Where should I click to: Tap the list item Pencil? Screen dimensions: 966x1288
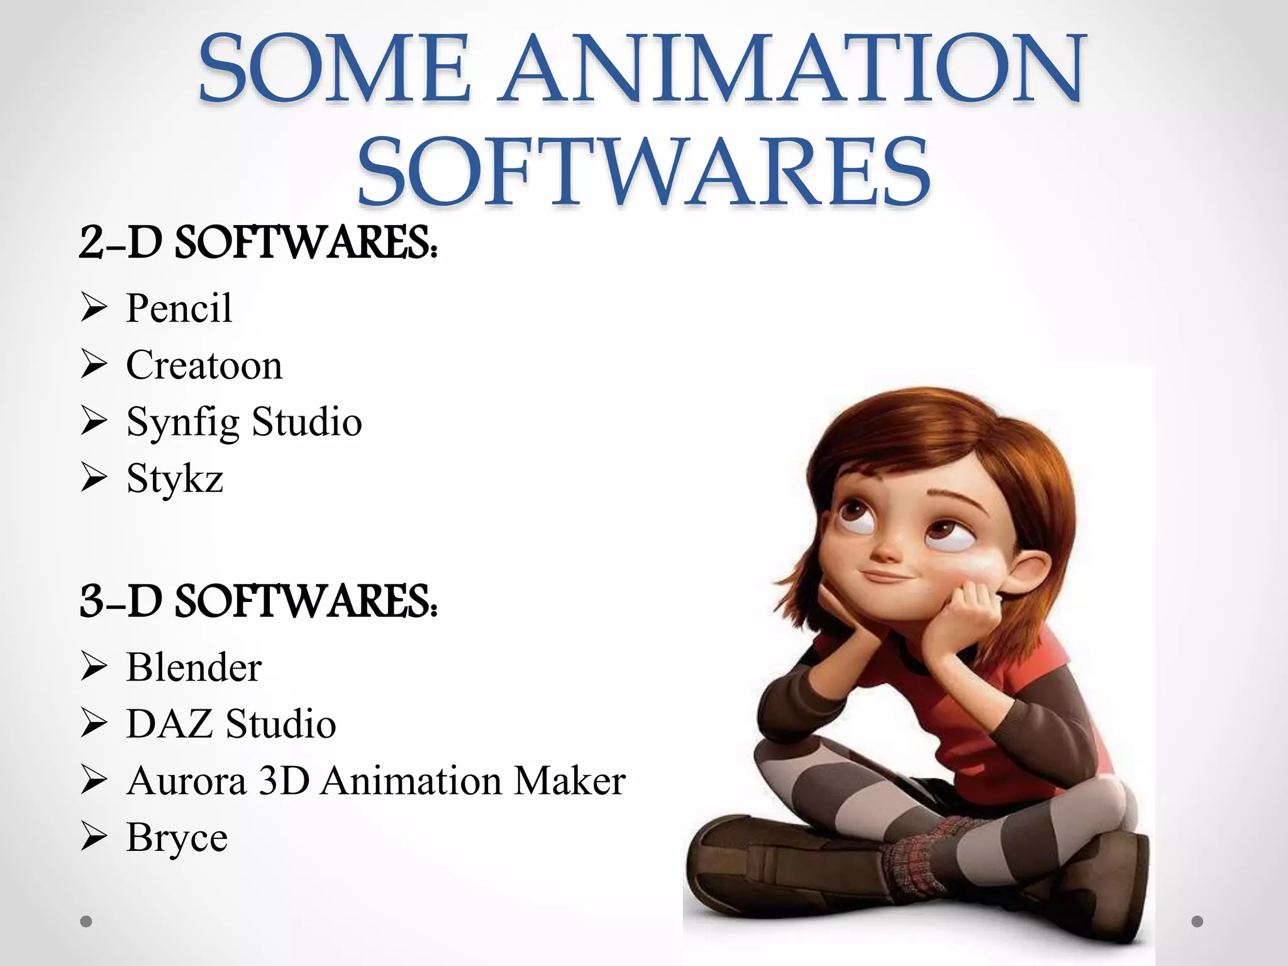pyautogui.click(x=179, y=308)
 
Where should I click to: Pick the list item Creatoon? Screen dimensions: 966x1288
pyautogui.click(x=204, y=365)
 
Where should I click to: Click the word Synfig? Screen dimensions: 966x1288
pyautogui.click(x=182, y=422)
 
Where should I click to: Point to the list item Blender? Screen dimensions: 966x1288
pyautogui.click(x=194, y=667)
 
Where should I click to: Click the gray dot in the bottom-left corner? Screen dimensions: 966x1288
pyautogui.click(x=86, y=921)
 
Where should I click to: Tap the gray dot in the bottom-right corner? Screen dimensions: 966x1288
pyautogui.click(x=1197, y=921)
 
